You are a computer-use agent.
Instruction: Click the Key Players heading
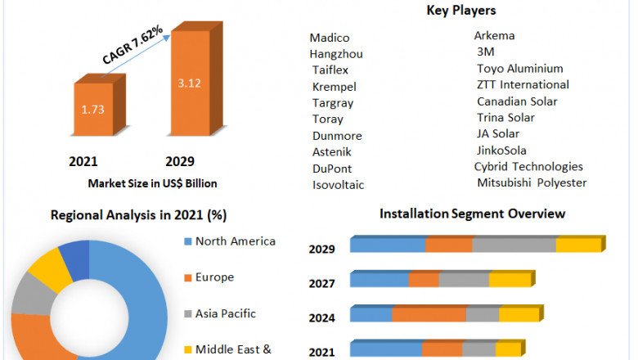pos(461,11)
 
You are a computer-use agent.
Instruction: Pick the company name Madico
pos(330,38)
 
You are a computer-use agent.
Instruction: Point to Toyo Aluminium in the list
pos(520,69)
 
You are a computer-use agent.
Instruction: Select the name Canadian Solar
pos(517,101)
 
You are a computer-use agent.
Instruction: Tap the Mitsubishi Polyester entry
pos(532,182)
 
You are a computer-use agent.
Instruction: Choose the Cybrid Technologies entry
pos(528,166)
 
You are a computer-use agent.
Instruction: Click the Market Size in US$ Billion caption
pos(152,183)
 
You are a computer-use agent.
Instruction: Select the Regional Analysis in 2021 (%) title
pos(139,215)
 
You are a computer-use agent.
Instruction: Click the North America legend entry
pos(236,241)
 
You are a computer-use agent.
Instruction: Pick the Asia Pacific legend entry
pos(225,313)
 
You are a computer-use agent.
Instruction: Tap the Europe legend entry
pos(214,277)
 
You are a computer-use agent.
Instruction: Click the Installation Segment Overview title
pos(472,214)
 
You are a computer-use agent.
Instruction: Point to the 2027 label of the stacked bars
pos(321,284)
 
